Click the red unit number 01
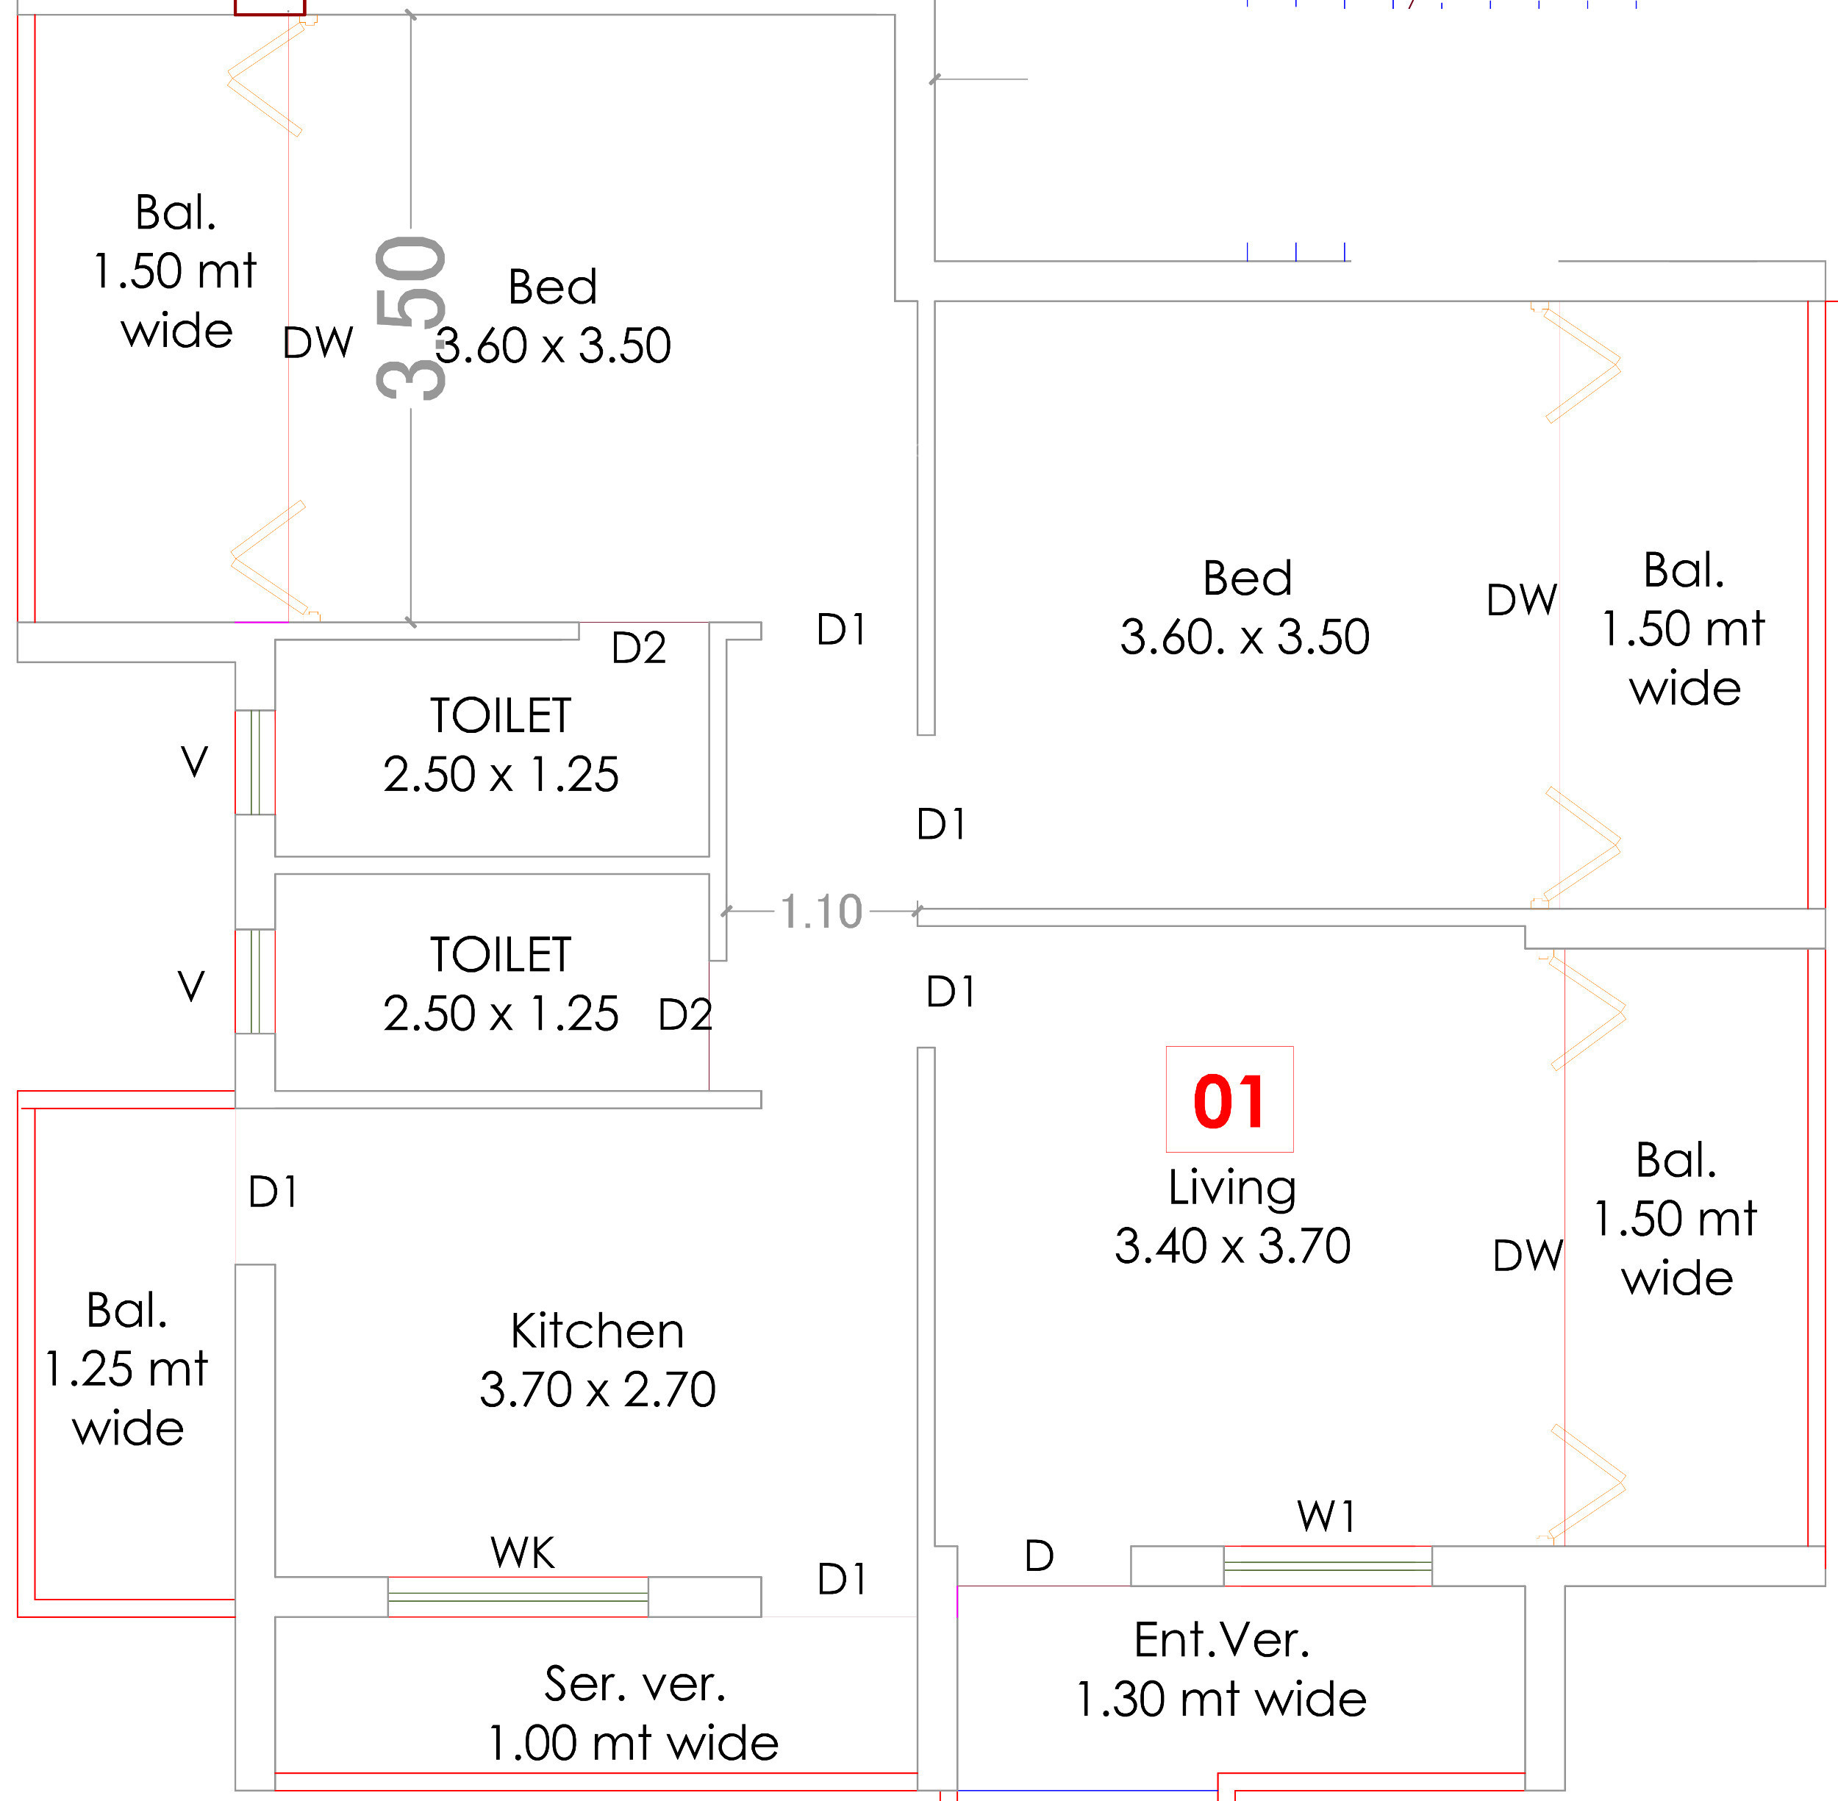tap(1229, 1101)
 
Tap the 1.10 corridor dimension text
tap(820, 912)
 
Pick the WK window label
tap(522, 1553)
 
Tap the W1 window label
tap(1326, 1517)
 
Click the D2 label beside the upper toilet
tap(639, 648)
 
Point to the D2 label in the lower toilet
tap(684, 1015)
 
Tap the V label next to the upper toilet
tap(194, 762)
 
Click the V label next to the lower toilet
tap(191, 987)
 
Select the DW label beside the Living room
tap(1527, 1256)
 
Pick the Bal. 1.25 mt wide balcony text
tap(126, 1369)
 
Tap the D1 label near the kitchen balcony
tap(273, 1192)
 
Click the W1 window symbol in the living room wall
tap(1327, 1566)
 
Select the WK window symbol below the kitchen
tap(518, 1597)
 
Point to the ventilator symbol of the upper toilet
tap(254, 762)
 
